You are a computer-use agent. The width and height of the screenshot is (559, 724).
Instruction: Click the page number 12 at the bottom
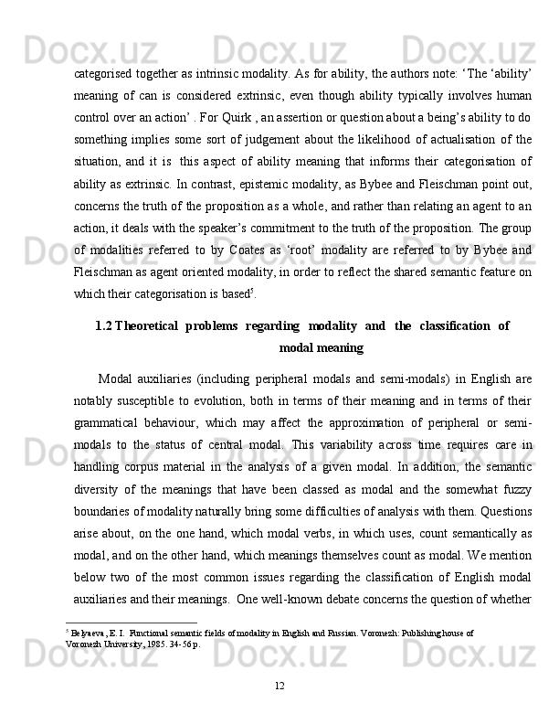click(279, 686)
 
